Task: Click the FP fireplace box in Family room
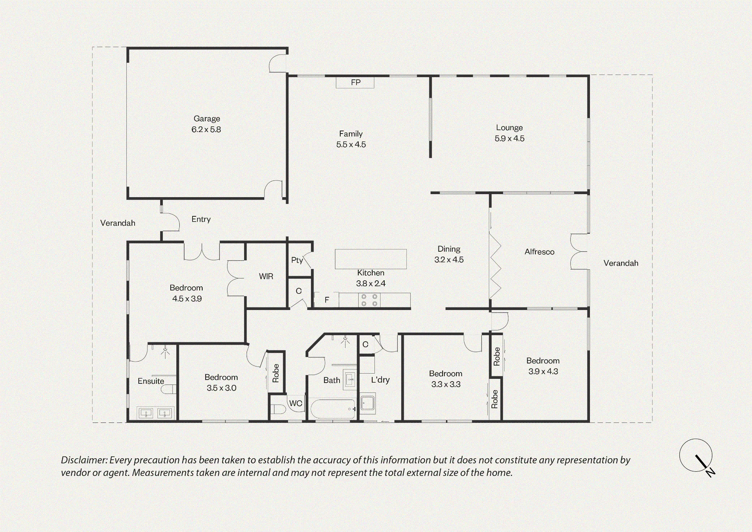click(x=355, y=82)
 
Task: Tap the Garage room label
click(x=207, y=119)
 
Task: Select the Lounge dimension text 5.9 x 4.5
click(x=509, y=138)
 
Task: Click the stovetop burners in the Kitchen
click(x=369, y=300)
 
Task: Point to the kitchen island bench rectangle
click(x=371, y=259)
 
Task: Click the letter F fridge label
click(x=327, y=300)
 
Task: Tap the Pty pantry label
click(x=297, y=260)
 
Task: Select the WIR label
click(x=266, y=277)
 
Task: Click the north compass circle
click(x=696, y=455)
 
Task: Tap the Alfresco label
click(x=540, y=252)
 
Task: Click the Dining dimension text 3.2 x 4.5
click(x=449, y=260)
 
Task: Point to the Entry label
click(x=201, y=219)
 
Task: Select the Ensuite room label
click(x=151, y=381)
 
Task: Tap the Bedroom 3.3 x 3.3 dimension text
click(x=446, y=385)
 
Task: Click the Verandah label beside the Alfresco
click(x=621, y=263)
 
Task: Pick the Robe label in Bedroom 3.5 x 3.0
click(x=276, y=373)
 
